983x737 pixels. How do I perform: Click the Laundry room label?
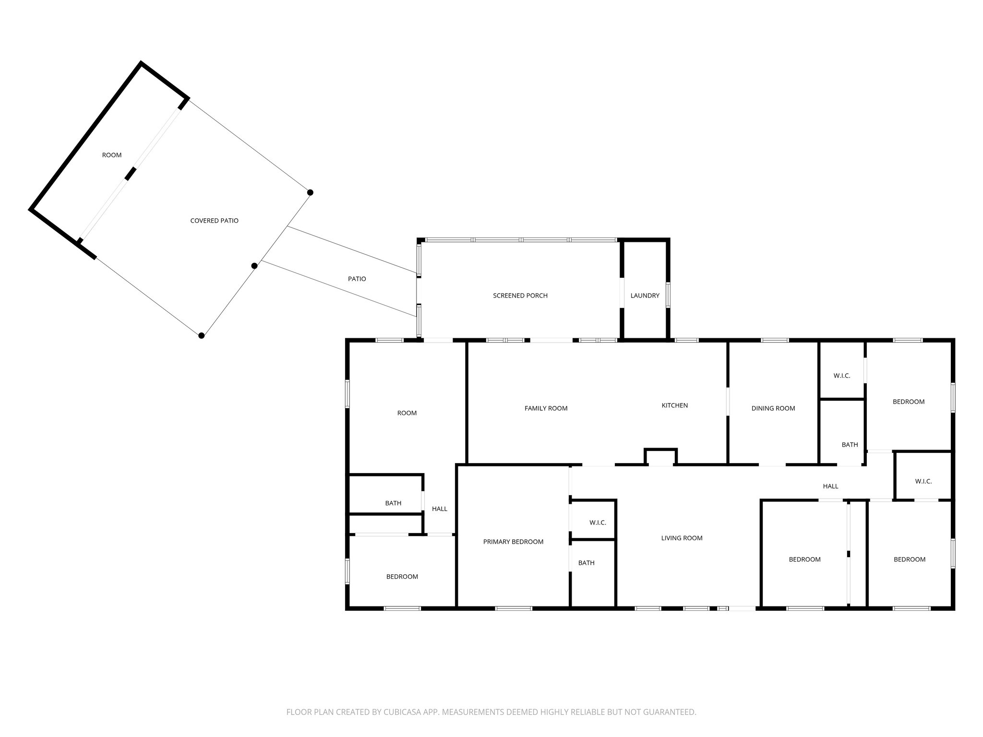click(x=645, y=296)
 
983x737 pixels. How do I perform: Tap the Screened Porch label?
click(x=520, y=296)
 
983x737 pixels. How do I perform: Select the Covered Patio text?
click(x=214, y=221)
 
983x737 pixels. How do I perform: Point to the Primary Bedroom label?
click(x=513, y=542)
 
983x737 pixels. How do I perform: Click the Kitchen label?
click(x=674, y=405)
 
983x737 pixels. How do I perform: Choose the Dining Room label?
click(x=773, y=408)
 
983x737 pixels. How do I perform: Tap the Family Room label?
click(x=546, y=408)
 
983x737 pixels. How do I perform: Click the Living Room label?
click(x=682, y=538)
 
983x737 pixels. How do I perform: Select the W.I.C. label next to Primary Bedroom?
click(x=598, y=523)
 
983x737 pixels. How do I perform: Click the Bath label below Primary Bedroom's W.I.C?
click(x=586, y=563)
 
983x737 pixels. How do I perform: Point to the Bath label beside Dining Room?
click(x=850, y=445)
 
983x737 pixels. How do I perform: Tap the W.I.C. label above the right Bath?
click(x=841, y=376)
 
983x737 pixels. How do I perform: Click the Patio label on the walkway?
click(x=357, y=279)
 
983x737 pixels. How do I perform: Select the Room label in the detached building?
click(x=111, y=155)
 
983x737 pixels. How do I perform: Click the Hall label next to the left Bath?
click(x=439, y=509)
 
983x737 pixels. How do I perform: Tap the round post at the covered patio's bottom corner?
click(x=202, y=335)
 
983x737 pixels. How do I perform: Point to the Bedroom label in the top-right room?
click(x=908, y=402)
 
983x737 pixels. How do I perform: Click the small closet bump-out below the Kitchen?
click(x=660, y=458)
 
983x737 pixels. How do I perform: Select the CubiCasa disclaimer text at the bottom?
click(x=491, y=712)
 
